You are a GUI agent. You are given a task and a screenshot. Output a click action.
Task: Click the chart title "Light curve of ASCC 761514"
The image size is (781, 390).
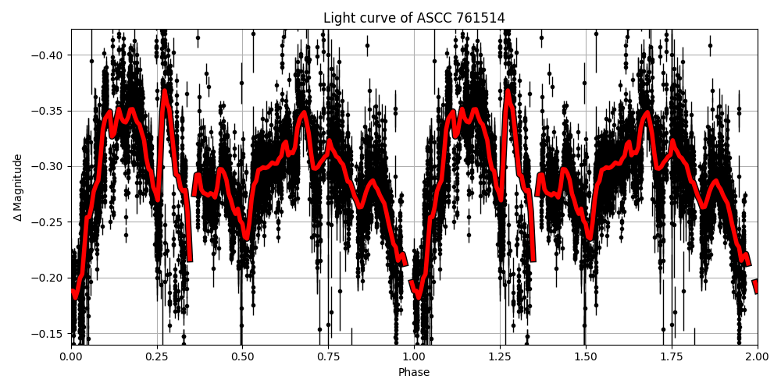(x=414, y=18)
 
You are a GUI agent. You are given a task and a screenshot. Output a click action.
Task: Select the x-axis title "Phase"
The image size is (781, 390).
(x=414, y=372)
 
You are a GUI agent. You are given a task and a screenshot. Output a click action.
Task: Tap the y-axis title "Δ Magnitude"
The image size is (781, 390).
(x=17, y=187)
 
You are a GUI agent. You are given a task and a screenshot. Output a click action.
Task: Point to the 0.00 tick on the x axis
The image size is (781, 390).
(x=71, y=356)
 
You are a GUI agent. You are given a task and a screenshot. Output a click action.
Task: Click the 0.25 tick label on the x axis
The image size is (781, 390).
(x=157, y=356)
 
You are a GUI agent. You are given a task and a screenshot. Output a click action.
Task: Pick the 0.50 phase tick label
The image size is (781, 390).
(x=243, y=356)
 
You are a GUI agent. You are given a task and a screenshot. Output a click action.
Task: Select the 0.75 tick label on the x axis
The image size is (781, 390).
(x=328, y=356)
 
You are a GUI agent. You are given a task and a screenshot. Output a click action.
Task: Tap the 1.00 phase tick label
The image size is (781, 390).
(x=414, y=356)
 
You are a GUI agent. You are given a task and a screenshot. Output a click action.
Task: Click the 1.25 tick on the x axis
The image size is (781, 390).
(x=500, y=356)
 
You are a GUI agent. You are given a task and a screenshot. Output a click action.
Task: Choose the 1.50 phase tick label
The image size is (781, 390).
(x=586, y=356)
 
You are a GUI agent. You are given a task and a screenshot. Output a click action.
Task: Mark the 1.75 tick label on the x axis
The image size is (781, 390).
(x=672, y=356)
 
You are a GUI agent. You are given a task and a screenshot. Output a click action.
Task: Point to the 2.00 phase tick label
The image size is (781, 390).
(x=757, y=356)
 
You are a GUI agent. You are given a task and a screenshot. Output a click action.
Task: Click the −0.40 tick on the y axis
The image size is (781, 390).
(x=49, y=55)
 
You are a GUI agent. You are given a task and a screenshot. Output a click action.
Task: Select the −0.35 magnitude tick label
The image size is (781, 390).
(x=49, y=111)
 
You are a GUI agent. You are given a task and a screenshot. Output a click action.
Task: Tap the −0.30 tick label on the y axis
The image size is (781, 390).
(x=49, y=167)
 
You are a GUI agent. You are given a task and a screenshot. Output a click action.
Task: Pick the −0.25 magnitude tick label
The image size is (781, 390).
(x=49, y=222)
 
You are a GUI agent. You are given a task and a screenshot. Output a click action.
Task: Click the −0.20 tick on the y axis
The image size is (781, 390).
(x=49, y=278)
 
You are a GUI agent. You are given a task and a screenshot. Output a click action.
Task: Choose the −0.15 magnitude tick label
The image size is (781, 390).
(x=49, y=334)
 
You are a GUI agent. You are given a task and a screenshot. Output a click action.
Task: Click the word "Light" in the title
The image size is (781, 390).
(x=338, y=18)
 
